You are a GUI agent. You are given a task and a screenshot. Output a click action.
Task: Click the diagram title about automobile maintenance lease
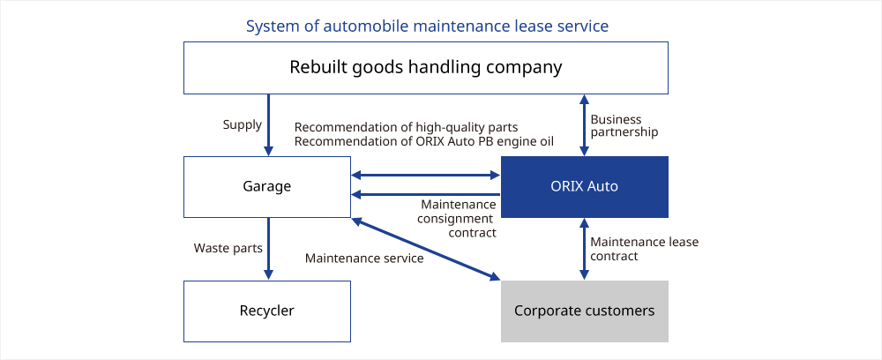(427, 26)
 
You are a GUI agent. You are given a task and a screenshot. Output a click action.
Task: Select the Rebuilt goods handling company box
(426, 67)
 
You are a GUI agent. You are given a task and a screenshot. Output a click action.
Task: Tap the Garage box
(267, 187)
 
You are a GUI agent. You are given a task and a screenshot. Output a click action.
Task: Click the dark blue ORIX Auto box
(585, 187)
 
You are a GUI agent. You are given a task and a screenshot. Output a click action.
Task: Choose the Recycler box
(267, 311)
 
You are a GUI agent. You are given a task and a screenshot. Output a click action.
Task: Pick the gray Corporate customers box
(585, 311)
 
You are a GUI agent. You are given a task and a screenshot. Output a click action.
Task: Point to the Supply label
(243, 125)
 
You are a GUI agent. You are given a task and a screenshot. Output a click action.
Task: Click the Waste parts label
(228, 248)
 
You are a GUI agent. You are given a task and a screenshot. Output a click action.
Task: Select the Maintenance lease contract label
(644, 249)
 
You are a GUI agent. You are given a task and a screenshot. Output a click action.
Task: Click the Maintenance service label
(364, 259)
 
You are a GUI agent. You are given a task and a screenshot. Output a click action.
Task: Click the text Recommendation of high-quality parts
(406, 127)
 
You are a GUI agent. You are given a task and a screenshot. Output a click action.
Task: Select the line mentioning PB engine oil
(424, 141)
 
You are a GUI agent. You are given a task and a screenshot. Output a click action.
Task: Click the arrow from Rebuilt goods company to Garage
(268, 125)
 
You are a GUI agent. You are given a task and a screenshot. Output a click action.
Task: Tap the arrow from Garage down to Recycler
(268, 249)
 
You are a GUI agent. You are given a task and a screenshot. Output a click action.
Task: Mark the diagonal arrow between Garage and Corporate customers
(426, 249)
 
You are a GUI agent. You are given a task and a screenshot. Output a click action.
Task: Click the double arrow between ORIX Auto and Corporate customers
(585, 249)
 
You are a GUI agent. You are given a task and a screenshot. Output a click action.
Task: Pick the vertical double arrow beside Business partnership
(585, 125)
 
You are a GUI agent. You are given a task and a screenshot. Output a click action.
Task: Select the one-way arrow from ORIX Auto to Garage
(426, 195)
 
